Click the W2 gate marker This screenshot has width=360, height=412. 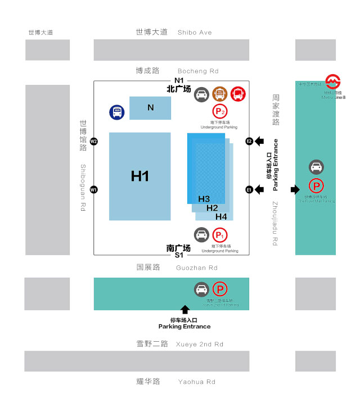(x=94, y=141)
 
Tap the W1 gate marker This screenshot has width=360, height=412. (x=94, y=189)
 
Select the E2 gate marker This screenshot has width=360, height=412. (x=249, y=141)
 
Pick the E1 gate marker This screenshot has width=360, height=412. (x=249, y=190)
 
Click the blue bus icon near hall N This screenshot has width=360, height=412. (x=117, y=112)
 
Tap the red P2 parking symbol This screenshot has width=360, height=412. (x=219, y=111)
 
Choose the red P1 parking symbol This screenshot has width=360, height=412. (x=219, y=235)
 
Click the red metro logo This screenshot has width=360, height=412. (x=332, y=81)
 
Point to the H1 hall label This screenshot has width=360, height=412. (x=139, y=176)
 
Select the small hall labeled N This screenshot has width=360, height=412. (x=150, y=107)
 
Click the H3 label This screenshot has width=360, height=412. (x=204, y=199)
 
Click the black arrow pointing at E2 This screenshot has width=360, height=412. (x=259, y=141)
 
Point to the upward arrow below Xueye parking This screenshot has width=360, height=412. (x=184, y=310)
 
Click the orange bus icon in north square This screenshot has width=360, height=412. (x=219, y=94)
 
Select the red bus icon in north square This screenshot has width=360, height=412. (x=238, y=94)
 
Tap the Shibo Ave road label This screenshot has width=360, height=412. (x=195, y=33)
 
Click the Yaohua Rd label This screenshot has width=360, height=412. (x=196, y=382)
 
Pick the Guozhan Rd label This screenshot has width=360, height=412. (x=196, y=268)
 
